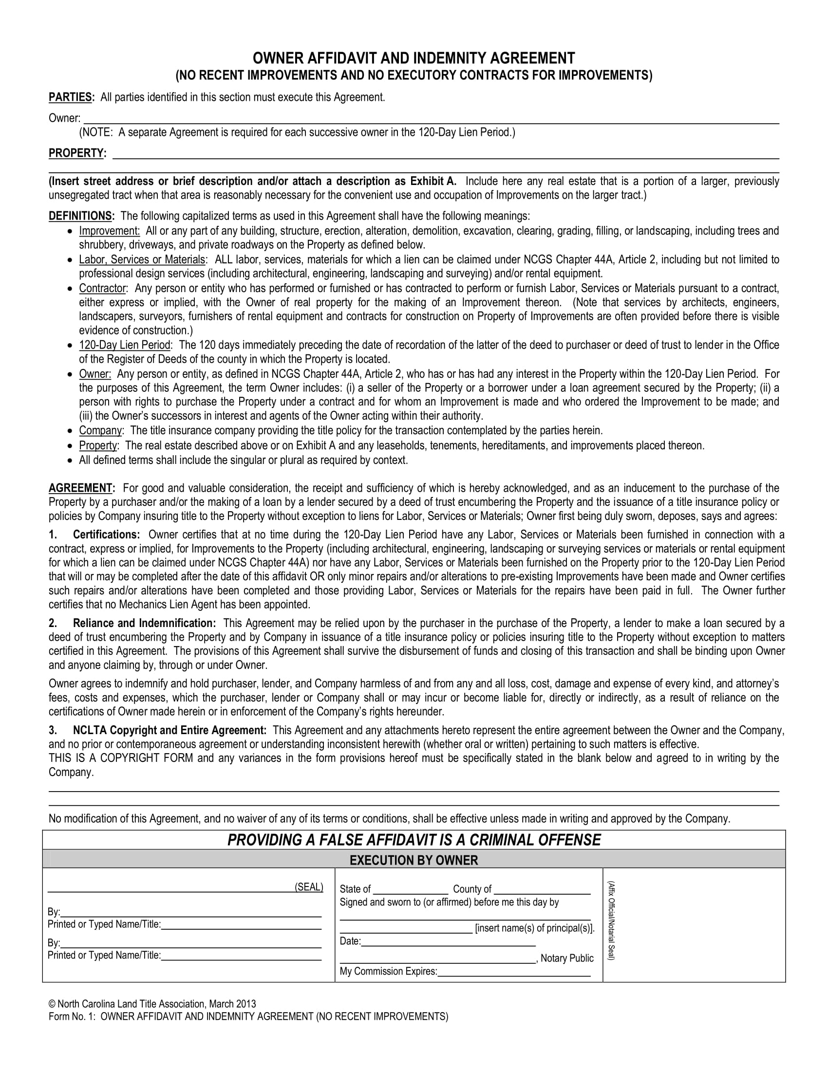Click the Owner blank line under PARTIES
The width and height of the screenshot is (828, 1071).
tap(432, 119)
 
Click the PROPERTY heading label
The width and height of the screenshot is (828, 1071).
tap(76, 153)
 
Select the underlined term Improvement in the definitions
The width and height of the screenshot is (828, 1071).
tap(110, 231)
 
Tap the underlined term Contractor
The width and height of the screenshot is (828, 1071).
tap(103, 288)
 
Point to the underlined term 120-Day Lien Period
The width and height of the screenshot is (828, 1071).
tap(125, 345)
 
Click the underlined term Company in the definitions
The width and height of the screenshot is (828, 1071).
tap(100, 430)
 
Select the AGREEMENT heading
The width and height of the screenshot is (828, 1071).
tap(81, 488)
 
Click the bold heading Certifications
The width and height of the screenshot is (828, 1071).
tap(107, 535)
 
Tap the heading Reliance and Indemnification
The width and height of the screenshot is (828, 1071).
tap(144, 623)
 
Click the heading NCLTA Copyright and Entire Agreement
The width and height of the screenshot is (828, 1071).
tap(169, 730)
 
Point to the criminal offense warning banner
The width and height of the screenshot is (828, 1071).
tap(414, 840)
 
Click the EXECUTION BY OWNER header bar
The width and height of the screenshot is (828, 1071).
tap(414, 860)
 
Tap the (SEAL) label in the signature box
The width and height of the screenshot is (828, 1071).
tap(308, 887)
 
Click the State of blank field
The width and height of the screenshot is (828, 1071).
tap(410, 889)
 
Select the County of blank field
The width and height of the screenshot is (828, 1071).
tap(542, 889)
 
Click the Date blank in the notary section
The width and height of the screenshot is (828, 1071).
tap(448, 941)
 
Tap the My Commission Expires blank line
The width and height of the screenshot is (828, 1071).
tap(513, 972)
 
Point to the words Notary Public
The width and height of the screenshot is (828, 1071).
tap(566, 958)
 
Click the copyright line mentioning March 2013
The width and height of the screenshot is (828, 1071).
tap(152, 1004)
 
